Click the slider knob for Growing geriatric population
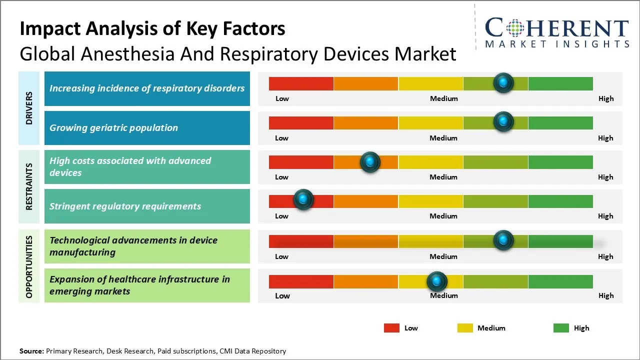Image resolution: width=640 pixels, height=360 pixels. pos(503,121)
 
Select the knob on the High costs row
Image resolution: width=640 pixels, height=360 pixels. pos(370,161)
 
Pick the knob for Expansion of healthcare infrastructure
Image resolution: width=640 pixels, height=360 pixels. pos(437,281)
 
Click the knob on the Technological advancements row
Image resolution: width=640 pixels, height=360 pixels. pos(503,240)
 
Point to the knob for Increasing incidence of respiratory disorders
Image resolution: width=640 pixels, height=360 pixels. pos(503,82)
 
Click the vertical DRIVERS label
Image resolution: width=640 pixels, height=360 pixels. pos(29,108)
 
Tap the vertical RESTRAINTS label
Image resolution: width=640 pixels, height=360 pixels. pos(29,186)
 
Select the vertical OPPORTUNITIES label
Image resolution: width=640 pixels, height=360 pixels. pos(29,266)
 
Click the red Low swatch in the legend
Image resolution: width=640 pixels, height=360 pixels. pos(391,328)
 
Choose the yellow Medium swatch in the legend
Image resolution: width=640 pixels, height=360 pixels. pos(465,328)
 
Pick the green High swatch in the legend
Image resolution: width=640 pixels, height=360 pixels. pos(561,328)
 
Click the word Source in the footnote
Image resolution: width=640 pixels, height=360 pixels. pos(31,351)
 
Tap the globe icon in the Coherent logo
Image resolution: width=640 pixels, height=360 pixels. pos(514,27)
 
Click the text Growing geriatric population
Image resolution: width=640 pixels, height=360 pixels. pos(113,128)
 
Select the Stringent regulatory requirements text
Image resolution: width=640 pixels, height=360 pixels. pos(125,206)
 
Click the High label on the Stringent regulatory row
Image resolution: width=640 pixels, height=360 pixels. pos(605,216)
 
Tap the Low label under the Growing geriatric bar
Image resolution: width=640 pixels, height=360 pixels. pos(281,138)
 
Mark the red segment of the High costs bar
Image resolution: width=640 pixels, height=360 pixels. pos(301,162)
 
